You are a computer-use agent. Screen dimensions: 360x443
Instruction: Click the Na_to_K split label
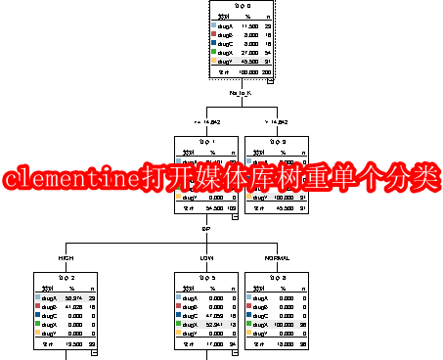240,93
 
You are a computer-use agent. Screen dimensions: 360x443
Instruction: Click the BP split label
205,229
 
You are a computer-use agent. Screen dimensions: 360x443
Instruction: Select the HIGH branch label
66,258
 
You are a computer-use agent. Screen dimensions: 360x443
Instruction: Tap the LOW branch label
205,258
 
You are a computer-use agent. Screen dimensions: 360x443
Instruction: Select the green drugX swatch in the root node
215,53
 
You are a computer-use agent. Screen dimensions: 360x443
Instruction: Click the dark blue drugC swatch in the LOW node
177,316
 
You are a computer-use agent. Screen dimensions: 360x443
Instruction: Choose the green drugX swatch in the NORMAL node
246,325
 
